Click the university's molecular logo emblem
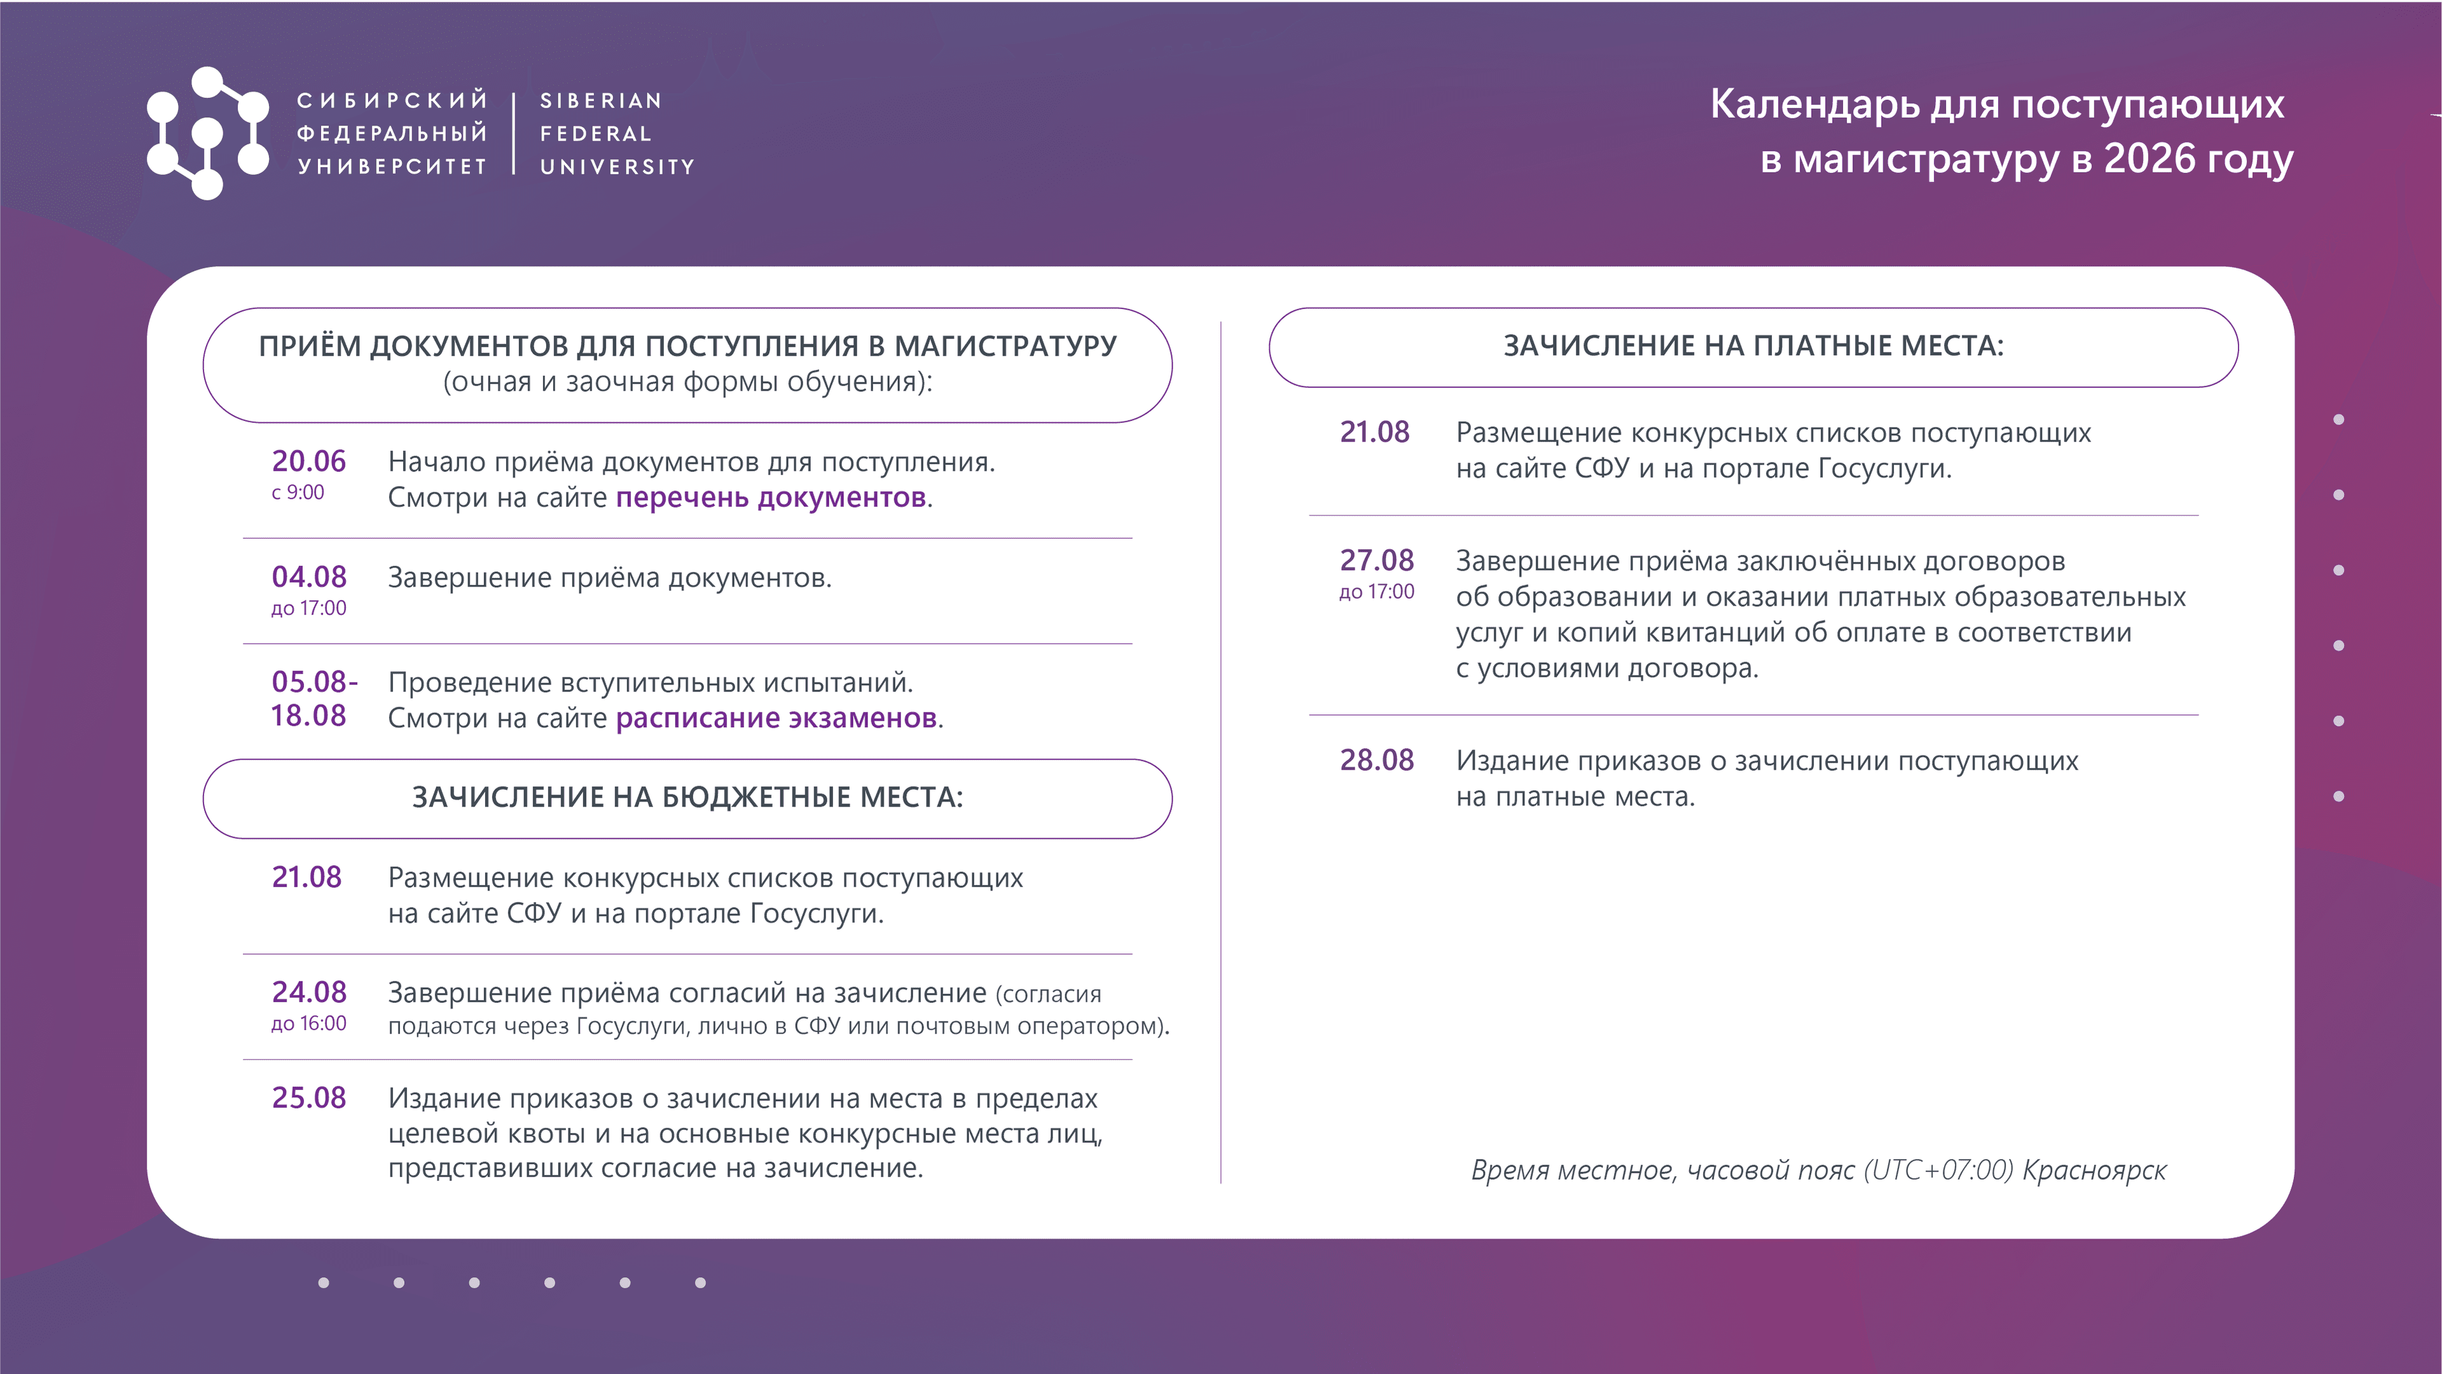tap(207, 133)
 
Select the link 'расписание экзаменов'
tap(776, 718)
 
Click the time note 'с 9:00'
tap(298, 492)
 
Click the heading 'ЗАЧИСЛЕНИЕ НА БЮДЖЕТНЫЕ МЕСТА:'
tap(687, 798)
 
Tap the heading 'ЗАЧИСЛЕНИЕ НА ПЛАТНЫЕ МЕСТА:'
tap(1754, 346)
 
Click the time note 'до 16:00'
tap(309, 1024)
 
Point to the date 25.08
tap(309, 1097)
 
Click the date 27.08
tap(1376, 560)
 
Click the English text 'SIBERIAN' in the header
tap(601, 101)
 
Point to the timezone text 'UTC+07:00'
tap(1938, 1170)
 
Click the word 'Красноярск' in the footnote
tap(2095, 1171)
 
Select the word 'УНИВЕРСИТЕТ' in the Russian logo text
tap(392, 167)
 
